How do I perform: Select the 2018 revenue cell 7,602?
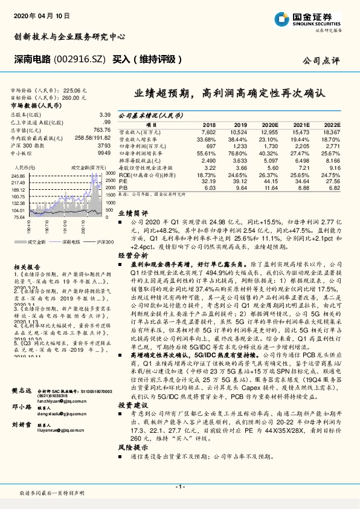(x=207, y=131)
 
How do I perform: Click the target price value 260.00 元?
(x=76, y=97)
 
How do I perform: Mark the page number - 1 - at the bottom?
(x=179, y=487)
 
